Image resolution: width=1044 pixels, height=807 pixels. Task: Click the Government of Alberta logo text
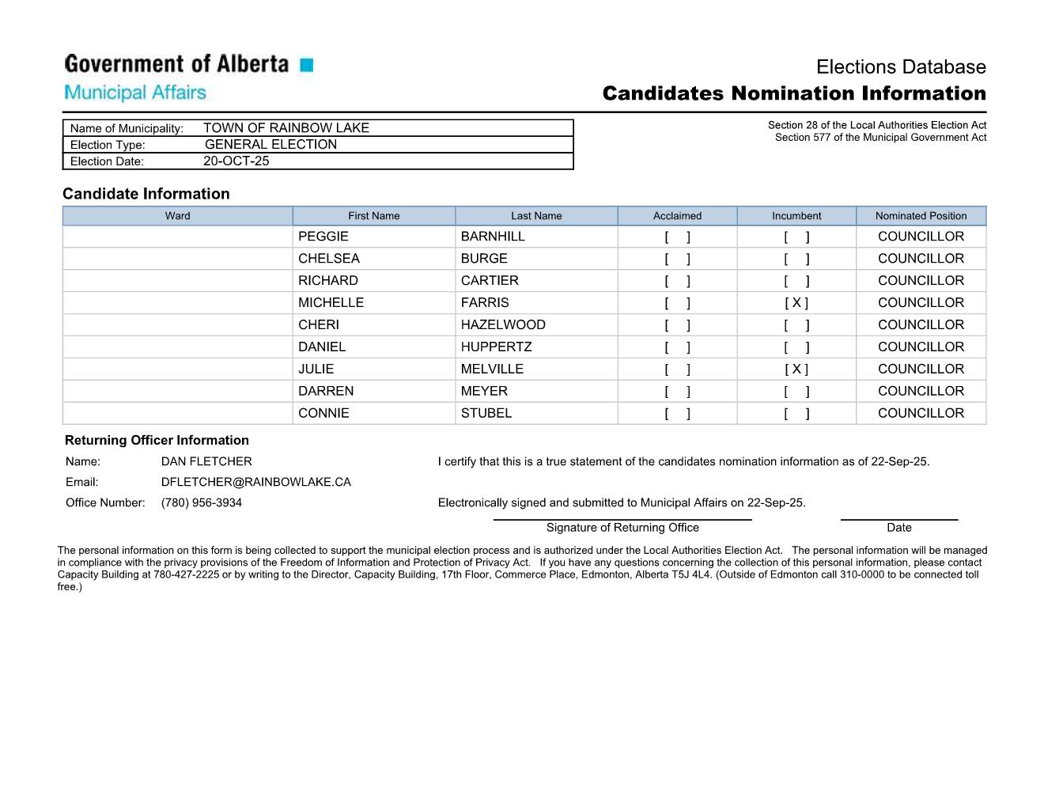coord(176,64)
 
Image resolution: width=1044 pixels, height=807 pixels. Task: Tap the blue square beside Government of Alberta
coord(307,65)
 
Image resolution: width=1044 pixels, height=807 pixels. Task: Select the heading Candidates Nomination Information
coord(793,93)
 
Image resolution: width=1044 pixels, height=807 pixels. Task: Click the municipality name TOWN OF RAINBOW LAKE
coord(286,128)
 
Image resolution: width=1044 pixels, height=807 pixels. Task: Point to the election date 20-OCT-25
coord(236,161)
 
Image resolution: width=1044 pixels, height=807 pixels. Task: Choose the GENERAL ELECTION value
coord(270,145)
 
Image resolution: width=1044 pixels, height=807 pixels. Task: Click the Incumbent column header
coord(796,216)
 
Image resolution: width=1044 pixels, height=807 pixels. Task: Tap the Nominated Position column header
coord(921,216)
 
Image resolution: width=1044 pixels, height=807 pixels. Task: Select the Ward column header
coord(177,216)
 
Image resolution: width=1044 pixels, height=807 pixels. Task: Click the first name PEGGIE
coord(323,237)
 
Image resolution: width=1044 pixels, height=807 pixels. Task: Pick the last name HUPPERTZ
coord(496,347)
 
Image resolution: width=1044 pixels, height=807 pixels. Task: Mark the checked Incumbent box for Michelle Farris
coord(796,303)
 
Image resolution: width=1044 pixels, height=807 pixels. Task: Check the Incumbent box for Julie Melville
coord(796,369)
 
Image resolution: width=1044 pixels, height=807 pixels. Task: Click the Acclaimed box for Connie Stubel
coord(677,414)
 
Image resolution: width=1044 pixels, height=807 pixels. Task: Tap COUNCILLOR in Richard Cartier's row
coord(921,281)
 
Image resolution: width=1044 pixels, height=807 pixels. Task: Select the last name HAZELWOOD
coord(503,325)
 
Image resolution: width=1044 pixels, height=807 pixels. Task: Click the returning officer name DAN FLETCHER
coord(206,462)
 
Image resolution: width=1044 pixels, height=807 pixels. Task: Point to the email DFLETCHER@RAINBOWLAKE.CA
coord(255,483)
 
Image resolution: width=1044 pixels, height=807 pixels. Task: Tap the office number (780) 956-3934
coord(202,503)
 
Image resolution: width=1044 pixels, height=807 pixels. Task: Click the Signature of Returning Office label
coord(622,528)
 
